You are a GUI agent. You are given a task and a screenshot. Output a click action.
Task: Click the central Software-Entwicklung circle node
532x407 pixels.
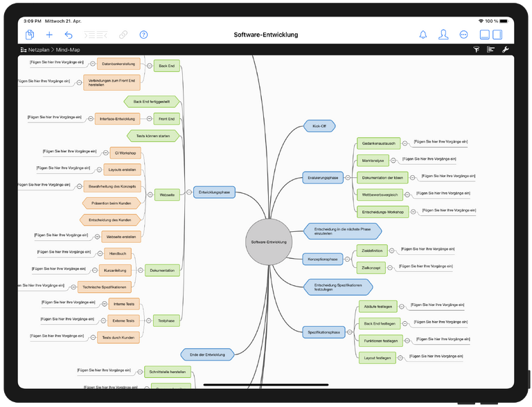pos(269,242)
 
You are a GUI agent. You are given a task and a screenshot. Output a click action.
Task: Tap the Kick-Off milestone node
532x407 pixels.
pos(319,126)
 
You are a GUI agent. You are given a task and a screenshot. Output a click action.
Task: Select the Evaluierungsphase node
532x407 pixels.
pos(323,178)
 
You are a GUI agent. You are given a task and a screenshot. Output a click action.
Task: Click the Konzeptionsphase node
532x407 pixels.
pos(322,260)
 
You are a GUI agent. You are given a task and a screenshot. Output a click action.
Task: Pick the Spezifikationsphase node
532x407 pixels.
pos(323,332)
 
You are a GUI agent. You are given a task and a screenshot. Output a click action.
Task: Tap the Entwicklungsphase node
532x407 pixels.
pos(215,192)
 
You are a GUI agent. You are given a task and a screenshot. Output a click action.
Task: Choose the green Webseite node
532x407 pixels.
pos(166,195)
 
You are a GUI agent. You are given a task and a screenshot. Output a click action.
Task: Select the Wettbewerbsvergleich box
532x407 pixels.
pos(380,195)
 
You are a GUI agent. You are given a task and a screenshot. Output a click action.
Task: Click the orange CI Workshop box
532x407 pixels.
pos(125,153)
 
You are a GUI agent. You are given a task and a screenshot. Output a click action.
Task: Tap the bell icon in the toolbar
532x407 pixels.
pos(423,35)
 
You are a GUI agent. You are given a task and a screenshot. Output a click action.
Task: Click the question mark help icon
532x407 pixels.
pos(143,35)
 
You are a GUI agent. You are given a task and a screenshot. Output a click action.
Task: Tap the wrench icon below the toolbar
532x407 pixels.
pos(505,50)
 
